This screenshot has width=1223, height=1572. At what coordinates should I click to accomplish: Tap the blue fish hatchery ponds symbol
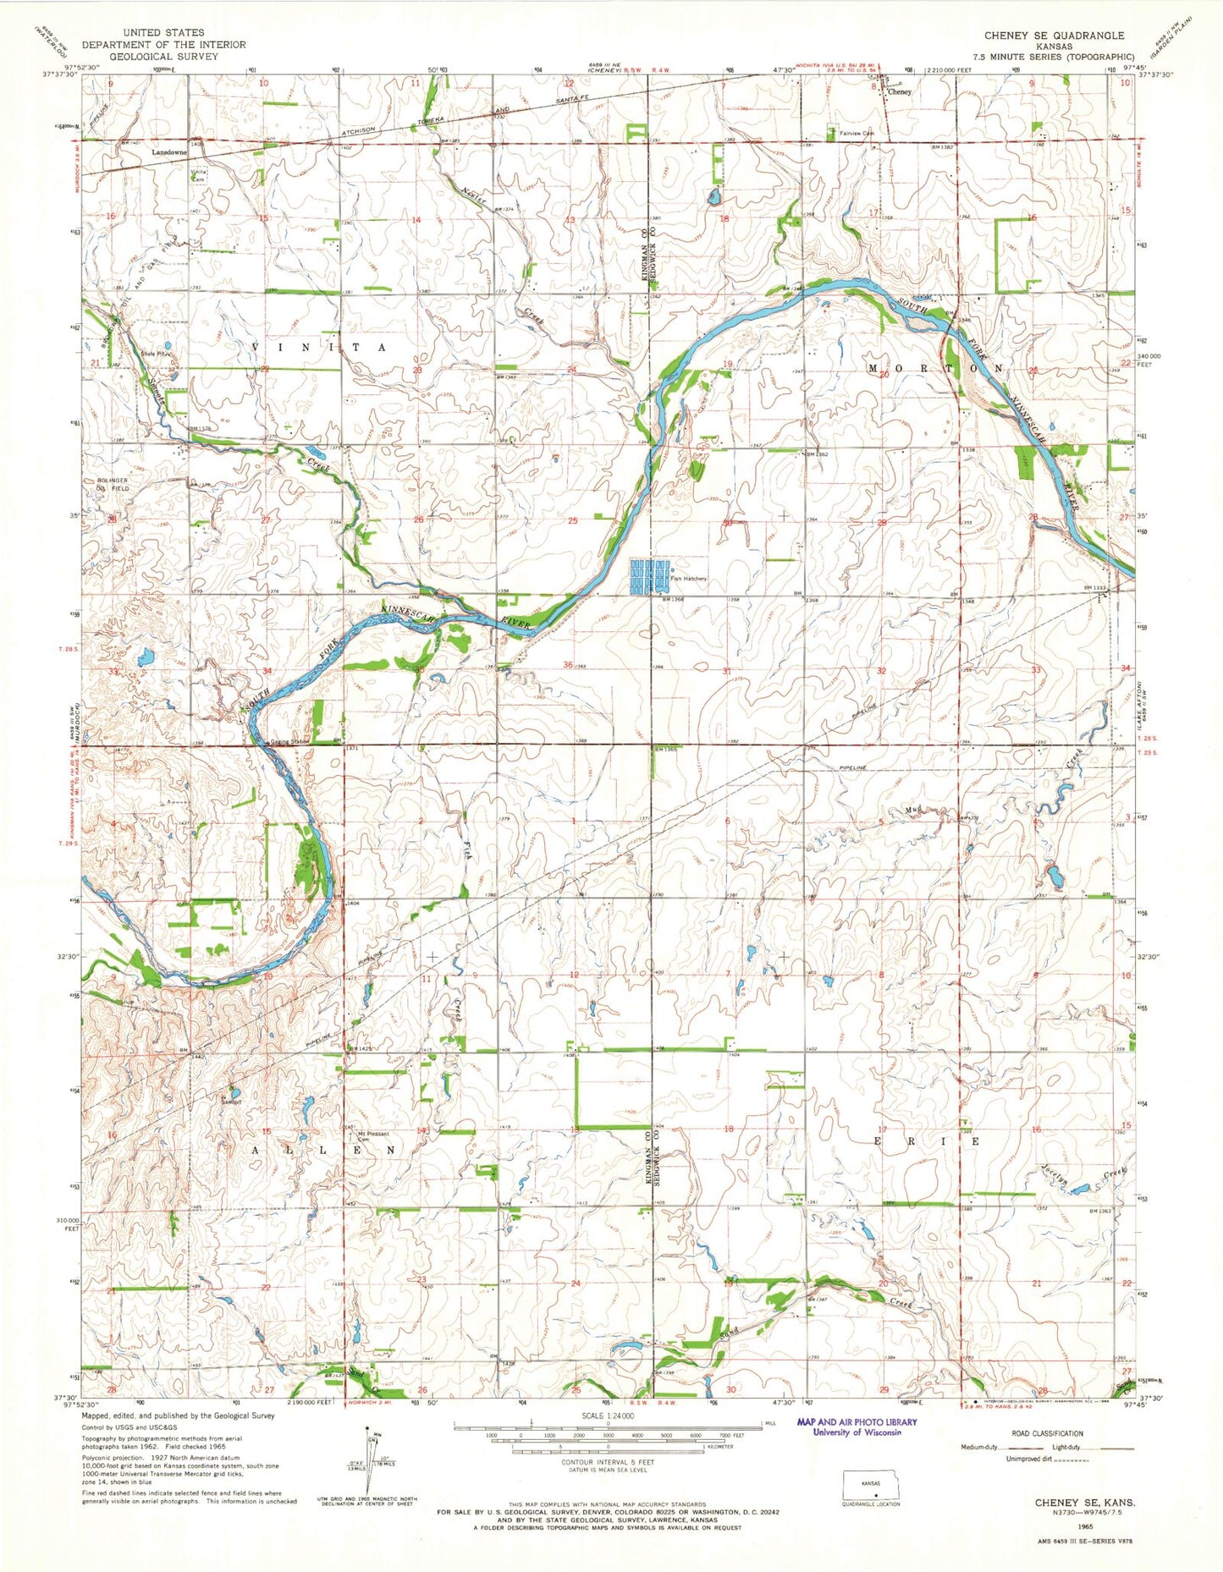[648, 575]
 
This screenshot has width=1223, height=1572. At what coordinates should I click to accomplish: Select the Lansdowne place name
[169, 152]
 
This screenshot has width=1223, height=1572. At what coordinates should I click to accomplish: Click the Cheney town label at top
[899, 92]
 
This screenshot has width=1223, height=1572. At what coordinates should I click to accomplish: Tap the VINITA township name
[319, 348]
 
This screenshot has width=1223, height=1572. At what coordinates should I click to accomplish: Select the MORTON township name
[935, 369]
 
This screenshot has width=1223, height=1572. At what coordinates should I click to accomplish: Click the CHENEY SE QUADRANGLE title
[1053, 36]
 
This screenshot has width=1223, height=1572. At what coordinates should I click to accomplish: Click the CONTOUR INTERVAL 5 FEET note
[608, 1462]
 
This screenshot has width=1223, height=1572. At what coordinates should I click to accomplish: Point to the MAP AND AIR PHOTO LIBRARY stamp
[850, 1427]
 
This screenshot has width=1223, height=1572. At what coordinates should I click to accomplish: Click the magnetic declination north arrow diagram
[368, 1457]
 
